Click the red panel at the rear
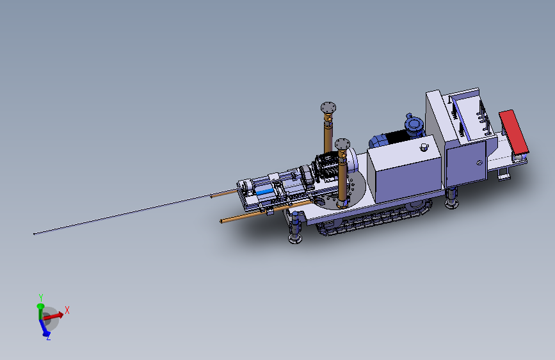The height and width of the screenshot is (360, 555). pyautogui.click(x=513, y=131)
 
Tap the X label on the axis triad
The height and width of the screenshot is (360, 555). pyautogui.click(x=67, y=311)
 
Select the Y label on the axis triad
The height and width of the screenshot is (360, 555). pyautogui.click(x=41, y=298)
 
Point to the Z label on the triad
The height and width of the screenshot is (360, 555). pyautogui.click(x=48, y=338)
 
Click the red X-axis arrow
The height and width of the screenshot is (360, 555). pyautogui.click(x=53, y=315)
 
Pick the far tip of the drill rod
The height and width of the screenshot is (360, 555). pyautogui.click(x=34, y=234)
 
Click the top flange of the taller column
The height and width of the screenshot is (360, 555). pyautogui.click(x=328, y=108)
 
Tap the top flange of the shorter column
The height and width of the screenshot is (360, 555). pyautogui.click(x=342, y=144)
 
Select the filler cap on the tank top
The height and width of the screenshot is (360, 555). pyautogui.click(x=424, y=147)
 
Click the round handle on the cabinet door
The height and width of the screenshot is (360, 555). pyautogui.click(x=479, y=163)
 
